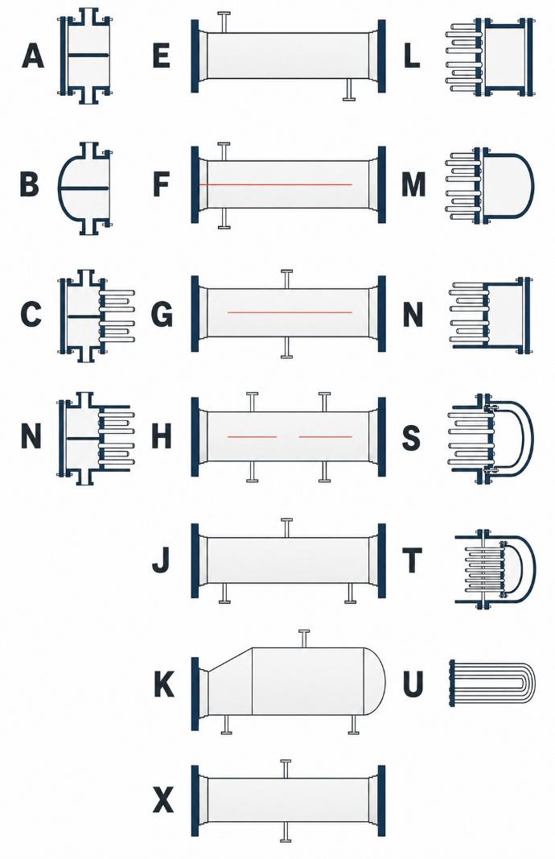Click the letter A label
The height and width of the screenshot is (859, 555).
click(x=33, y=56)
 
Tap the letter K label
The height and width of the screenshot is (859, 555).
click(x=163, y=684)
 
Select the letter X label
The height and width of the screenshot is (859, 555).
click(x=163, y=802)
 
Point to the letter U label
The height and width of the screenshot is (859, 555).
click(x=413, y=684)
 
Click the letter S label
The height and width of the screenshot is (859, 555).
click(x=412, y=438)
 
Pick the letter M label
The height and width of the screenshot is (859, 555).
click(x=413, y=184)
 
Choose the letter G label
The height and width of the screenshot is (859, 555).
click(x=162, y=315)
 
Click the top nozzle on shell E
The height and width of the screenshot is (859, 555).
click(x=224, y=22)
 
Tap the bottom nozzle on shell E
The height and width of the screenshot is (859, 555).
click(x=349, y=89)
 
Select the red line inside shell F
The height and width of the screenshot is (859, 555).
click(x=276, y=184)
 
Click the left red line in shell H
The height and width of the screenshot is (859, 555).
click(x=253, y=436)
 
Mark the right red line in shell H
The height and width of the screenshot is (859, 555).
click(x=325, y=436)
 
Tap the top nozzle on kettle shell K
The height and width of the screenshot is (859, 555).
click(x=305, y=638)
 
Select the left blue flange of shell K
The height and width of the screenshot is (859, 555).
click(x=195, y=694)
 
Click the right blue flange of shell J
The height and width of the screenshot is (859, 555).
click(x=381, y=560)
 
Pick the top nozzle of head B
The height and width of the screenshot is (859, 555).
click(x=90, y=151)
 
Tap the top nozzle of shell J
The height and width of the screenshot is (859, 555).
click(x=286, y=527)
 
